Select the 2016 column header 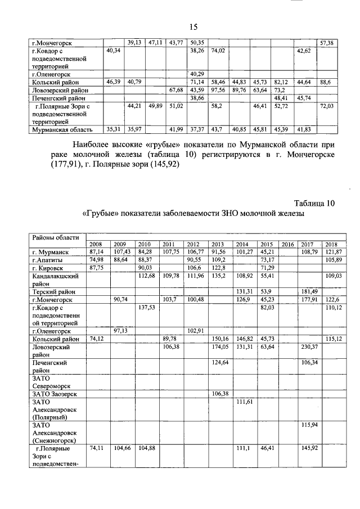pyautogui.click(x=287, y=244)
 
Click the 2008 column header pyautogui.click(x=96, y=244)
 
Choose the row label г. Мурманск pyautogui.click(x=50, y=251)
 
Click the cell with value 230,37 pyautogui.click(x=310, y=346)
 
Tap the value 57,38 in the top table pyautogui.click(x=327, y=42)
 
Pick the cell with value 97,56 pyautogui.click(x=218, y=89)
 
